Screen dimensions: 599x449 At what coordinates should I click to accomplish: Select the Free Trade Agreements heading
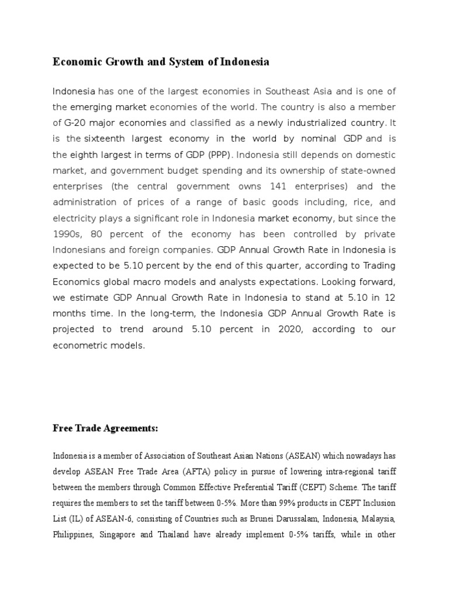pos(105,429)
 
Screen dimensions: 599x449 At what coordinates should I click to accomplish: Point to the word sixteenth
pos(108,139)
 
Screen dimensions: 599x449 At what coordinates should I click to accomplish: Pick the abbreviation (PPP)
pos(222,155)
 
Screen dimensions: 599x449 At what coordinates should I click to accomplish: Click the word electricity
pos(74,218)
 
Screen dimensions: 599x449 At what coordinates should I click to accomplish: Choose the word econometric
pos(82,345)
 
